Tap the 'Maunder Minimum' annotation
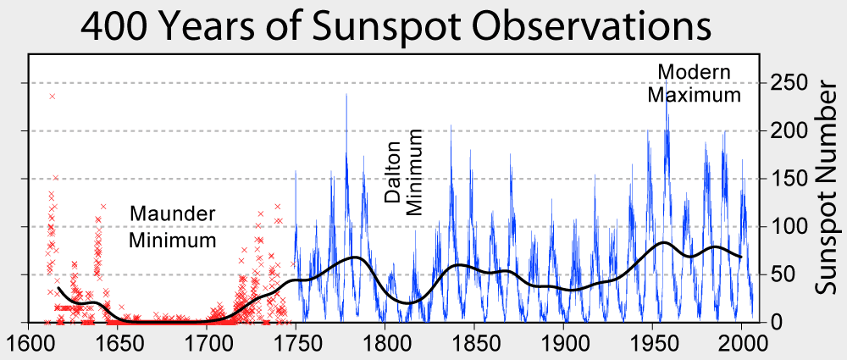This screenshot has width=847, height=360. coord(173,226)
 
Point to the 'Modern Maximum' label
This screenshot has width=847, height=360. coord(694,83)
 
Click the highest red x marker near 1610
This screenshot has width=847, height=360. coord(52,97)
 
